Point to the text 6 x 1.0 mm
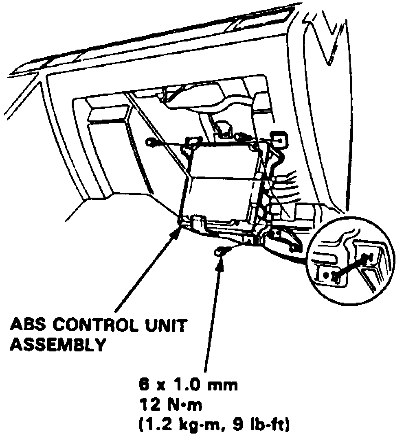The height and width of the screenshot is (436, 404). click(187, 384)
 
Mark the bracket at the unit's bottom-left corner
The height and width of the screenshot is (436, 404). click(196, 223)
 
